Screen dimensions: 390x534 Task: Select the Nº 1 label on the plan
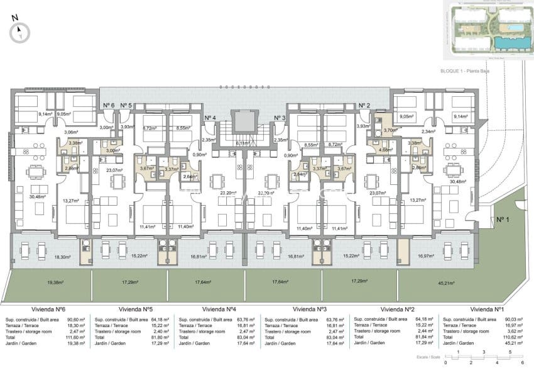click(x=501, y=220)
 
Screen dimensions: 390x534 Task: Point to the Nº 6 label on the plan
click(x=107, y=104)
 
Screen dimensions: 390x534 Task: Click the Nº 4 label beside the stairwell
click(x=210, y=118)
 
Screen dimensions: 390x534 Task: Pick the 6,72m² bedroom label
click(x=150, y=127)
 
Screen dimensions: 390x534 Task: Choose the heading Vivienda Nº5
click(x=136, y=309)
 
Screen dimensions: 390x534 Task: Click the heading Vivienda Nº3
click(x=310, y=309)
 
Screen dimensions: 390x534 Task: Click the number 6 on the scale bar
click(x=522, y=364)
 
